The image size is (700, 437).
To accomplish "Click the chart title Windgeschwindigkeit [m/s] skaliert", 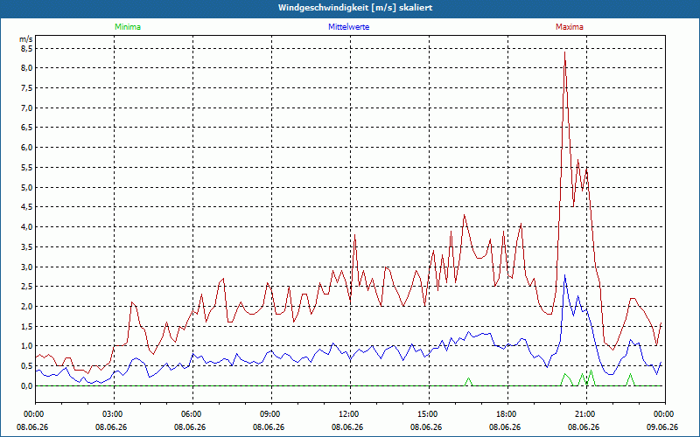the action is pos(355,8).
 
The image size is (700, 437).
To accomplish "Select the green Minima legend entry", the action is pos(128,27).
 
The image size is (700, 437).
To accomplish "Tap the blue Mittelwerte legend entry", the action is pos(348,27).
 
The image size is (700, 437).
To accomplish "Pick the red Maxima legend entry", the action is pos(570,27).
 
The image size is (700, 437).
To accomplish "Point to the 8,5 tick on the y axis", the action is pos(26,48).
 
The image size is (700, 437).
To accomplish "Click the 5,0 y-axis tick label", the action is pos(26,187).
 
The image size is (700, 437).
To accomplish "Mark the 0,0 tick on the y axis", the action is pos(26,385).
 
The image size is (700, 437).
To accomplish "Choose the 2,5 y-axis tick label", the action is pos(26,287).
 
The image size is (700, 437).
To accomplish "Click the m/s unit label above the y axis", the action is pos(26,39).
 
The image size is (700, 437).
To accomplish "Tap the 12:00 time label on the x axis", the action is pos(351,414).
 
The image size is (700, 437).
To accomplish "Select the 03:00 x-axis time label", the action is pos(115,414).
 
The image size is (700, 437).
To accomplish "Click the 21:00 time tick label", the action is pos(586,414).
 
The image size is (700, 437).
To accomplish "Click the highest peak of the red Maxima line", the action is pos(564,52).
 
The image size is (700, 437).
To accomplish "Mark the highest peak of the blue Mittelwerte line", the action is pos(564,275).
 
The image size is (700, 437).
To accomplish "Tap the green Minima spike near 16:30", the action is pos(468,378).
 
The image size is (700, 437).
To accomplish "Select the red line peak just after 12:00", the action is pos(354,235).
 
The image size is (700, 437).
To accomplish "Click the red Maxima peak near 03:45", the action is pos(132,302).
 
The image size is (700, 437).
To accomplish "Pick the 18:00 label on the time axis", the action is pos(508,414).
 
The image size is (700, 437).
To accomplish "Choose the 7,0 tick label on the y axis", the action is pos(26,108).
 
